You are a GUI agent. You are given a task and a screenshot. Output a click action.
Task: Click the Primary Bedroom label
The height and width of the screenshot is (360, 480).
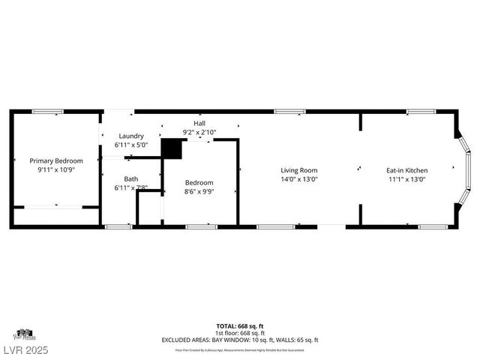(56, 160)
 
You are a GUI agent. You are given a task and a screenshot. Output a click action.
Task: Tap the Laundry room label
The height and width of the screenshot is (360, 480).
(130, 136)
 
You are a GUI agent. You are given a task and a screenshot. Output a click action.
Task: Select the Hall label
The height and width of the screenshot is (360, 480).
(199, 123)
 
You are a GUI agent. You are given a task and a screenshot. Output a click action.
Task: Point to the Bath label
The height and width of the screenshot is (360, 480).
(131, 178)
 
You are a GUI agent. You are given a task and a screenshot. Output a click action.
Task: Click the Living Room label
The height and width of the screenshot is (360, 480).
(299, 170)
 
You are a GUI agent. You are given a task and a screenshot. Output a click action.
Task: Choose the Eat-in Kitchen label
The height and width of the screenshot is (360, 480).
(407, 170)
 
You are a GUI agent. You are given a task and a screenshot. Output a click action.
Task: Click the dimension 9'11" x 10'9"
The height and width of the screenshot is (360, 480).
(56, 170)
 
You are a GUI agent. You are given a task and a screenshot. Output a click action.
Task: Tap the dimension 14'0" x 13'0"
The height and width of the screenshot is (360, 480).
(299, 179)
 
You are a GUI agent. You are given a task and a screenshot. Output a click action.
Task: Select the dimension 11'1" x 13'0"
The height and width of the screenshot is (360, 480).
(407, 179)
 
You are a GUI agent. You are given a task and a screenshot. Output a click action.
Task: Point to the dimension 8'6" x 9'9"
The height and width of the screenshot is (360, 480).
(199, 191)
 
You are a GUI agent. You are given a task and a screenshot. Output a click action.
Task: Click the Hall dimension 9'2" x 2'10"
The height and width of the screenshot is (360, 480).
(199, 132)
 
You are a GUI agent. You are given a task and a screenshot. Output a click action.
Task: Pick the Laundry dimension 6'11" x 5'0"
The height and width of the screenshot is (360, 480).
(130, 145)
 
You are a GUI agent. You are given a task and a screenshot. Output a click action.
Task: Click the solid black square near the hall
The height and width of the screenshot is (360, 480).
(172, 148)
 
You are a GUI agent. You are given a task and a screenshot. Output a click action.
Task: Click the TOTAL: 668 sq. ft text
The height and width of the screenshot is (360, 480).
(240, 326)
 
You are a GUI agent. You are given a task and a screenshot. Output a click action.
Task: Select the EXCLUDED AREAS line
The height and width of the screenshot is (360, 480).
(240, 340)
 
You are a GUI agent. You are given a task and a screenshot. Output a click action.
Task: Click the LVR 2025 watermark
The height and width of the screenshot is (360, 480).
(25, 350)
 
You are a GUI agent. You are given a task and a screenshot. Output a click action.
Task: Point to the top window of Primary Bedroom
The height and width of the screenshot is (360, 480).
(46, 112)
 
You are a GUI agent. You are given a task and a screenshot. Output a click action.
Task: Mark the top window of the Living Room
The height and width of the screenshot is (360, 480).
(289, 112)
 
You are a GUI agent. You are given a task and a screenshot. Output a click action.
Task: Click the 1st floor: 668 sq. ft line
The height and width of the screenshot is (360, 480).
(240, 333)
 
